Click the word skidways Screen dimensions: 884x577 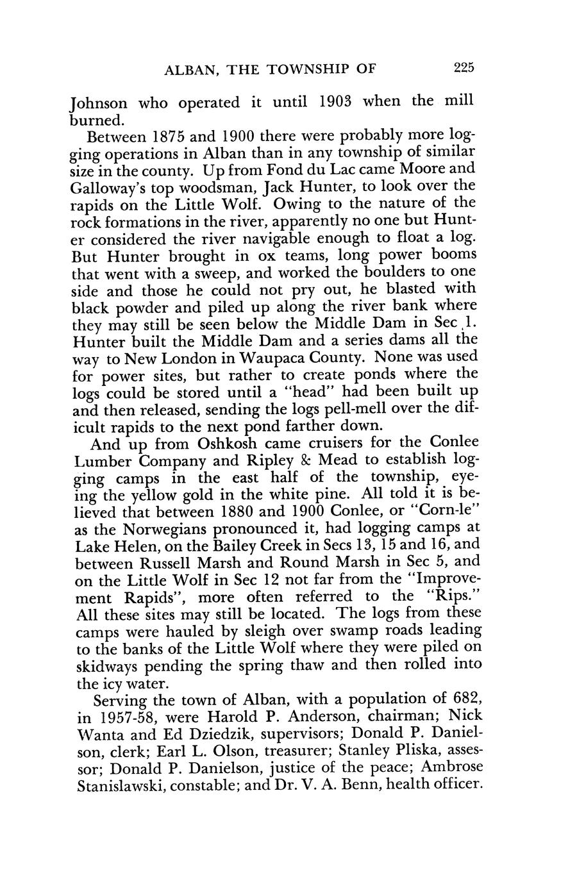click(104, 666)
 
